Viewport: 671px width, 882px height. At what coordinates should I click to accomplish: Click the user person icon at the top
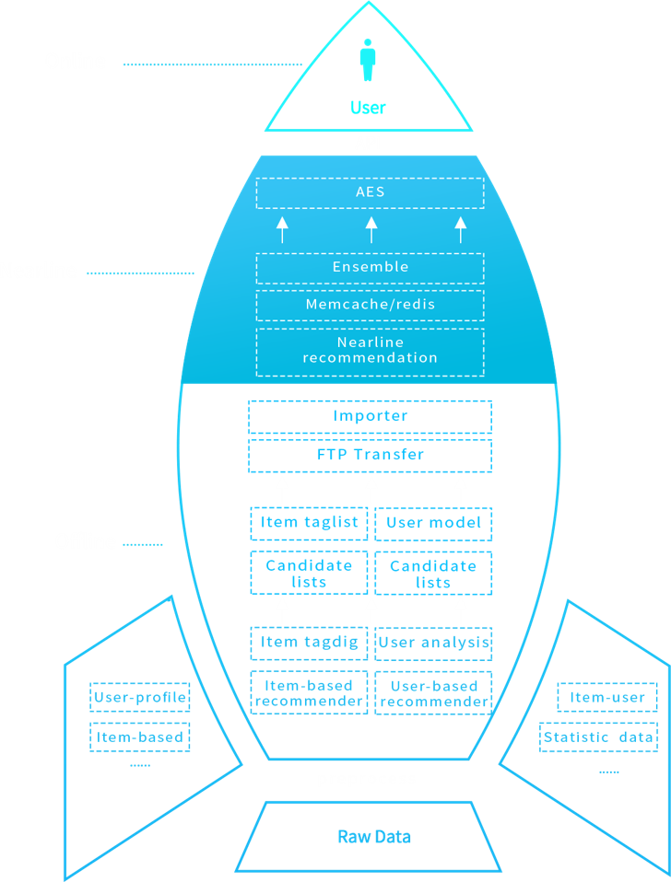point(368,59)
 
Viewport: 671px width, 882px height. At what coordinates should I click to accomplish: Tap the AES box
point(370,193)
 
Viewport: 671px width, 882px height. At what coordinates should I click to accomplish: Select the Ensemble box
point(370,268)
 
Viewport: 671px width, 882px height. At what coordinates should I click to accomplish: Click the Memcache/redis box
point(370,305)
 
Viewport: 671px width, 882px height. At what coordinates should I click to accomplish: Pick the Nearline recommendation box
point(370,351)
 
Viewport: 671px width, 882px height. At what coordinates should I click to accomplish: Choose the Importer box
point(370,417)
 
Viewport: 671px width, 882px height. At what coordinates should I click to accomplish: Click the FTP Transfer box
point(370,455)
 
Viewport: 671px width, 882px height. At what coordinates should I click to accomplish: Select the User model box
point(433,524)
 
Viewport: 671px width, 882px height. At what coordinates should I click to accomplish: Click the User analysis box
point(433,644)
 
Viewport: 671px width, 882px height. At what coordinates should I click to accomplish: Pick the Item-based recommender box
point(309,694)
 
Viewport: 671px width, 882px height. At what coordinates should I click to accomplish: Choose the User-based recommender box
point(433,694)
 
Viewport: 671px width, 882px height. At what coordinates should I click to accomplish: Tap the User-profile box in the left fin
point(140,698)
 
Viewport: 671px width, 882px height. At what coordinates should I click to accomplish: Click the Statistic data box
point(598,737)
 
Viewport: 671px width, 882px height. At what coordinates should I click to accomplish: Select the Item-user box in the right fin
point(607,698)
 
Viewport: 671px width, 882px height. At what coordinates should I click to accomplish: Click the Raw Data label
point(374,837)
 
